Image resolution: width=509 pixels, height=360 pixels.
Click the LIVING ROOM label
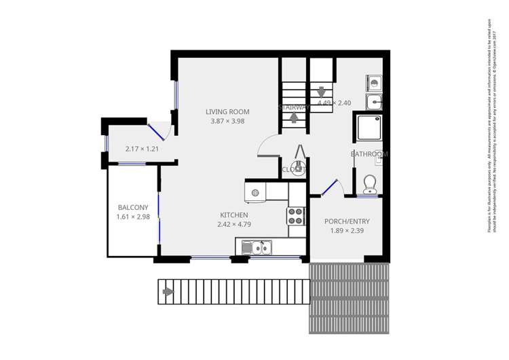[227, 112]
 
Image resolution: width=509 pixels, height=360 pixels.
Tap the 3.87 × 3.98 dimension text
[227, 122]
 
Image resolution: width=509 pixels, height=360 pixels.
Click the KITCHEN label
[233, 215]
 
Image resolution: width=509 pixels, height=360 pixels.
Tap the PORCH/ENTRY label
[347, 221]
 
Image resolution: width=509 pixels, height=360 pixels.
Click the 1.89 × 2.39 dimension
[347, 231]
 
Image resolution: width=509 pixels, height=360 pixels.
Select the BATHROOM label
[369, 154]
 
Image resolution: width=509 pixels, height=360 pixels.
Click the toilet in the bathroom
[369, 183]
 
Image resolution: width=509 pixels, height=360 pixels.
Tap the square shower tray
[369, 129]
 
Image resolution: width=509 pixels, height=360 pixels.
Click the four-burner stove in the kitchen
[296, 216]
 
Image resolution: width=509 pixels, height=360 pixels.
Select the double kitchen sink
[262, 248]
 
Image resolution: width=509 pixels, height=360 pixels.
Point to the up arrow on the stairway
[293, 117]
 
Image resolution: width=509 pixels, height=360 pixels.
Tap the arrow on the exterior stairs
[168, 292]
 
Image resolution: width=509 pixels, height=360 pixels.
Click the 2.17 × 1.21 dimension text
[142, 149]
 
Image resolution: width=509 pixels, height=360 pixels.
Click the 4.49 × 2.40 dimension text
[334, 103]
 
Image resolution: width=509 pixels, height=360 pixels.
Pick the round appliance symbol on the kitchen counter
[255, 193]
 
